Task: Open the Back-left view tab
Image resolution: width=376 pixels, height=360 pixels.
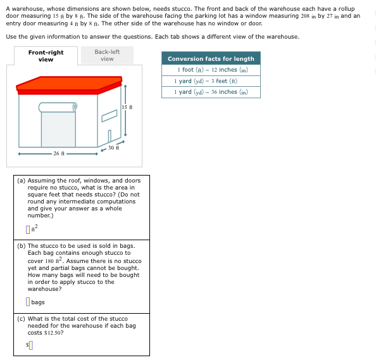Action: tap(107, 55)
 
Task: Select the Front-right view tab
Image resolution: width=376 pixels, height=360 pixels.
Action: tap(46, 56)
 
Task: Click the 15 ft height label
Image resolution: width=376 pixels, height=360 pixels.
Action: tap(127, 107)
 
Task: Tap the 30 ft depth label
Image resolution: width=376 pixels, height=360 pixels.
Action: tap(113, 148)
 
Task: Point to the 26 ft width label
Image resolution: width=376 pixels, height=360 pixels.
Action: tap(59, 153)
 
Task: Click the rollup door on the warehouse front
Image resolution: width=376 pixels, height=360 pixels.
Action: tap(58, 129)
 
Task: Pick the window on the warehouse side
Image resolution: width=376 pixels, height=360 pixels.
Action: tap(110, 116)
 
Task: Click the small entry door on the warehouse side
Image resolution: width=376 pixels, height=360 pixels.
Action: tap(110, 136)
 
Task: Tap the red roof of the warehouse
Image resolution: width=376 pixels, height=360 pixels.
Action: tap(69, 85)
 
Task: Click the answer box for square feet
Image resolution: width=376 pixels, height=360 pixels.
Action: tap(28, 229)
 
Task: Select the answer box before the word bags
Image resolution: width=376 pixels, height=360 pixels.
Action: tap(28, 302)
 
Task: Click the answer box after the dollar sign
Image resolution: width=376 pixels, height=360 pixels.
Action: tap(30, 345)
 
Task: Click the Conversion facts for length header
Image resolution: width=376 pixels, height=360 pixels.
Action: tap(211, 58)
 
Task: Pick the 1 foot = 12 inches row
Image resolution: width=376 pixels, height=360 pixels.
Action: tap(211, 70)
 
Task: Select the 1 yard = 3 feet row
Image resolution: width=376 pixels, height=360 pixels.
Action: tap(211, 81)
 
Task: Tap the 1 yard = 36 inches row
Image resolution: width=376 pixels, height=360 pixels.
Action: tap(211, 93)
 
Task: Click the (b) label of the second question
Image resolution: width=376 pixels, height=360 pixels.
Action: tap(21, 246)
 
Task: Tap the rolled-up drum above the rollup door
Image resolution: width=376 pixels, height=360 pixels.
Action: tap(58, 107)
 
